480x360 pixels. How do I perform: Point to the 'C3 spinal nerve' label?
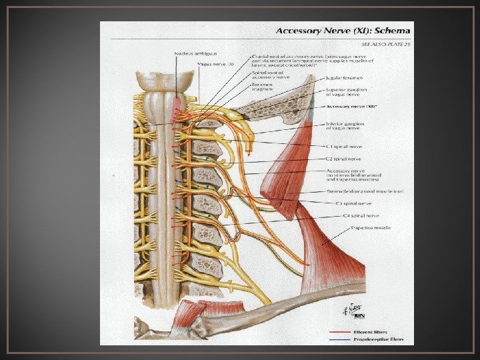pos(352,203)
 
